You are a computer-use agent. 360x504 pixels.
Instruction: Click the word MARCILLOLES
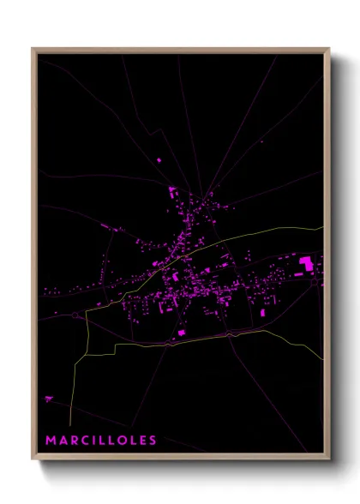(x=101, y=440)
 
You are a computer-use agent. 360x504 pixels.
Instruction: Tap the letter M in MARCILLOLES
(x=51, y=440)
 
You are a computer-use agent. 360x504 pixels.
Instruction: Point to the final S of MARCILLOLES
(x=153, y=440)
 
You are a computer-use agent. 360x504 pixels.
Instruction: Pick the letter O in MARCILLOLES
(x=122, y=440)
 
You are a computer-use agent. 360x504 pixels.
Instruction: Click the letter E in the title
(x=142, y=440)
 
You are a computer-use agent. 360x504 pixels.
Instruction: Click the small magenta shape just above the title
(x=48, y=398)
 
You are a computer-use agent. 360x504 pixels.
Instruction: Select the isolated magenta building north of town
(x=159, y=159)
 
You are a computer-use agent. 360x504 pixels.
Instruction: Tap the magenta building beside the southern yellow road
(x=181, y=332)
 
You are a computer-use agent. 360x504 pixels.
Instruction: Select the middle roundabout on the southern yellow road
(x=169, y=344)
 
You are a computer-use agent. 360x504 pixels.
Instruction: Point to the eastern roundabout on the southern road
(x=230, y=335)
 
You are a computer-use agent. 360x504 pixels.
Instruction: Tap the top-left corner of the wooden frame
(x=33, y=49)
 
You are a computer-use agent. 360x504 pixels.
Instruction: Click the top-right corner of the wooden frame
(x=329, y=49)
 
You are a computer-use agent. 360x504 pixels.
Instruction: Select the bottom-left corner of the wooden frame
(x=33, y=460)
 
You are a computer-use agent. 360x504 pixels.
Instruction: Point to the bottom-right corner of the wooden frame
(x=329, y=460)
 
